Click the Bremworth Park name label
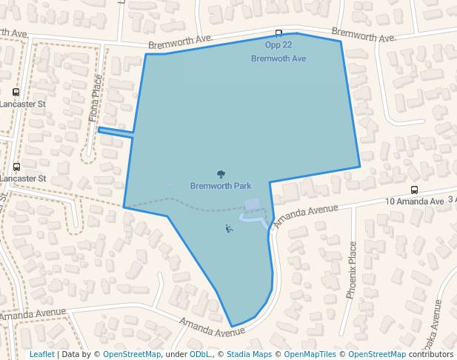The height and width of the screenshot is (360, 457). [x=220, y=185]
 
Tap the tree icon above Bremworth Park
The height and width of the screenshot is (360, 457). [x=221, y=174]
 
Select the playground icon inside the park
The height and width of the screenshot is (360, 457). [x=229, y=229]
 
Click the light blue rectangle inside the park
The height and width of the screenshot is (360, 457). [x=253, y=204]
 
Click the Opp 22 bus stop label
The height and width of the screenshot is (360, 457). [x=278, y=45]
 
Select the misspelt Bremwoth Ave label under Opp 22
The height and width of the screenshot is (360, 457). [x=278, y=59]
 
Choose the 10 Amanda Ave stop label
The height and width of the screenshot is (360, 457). [x=414, y=201]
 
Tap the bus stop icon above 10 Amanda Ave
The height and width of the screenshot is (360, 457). [x=414, y=190]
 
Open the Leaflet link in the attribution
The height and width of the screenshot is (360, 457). [x=41, y=355]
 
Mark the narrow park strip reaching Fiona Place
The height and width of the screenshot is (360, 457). [x=116, y=132]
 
